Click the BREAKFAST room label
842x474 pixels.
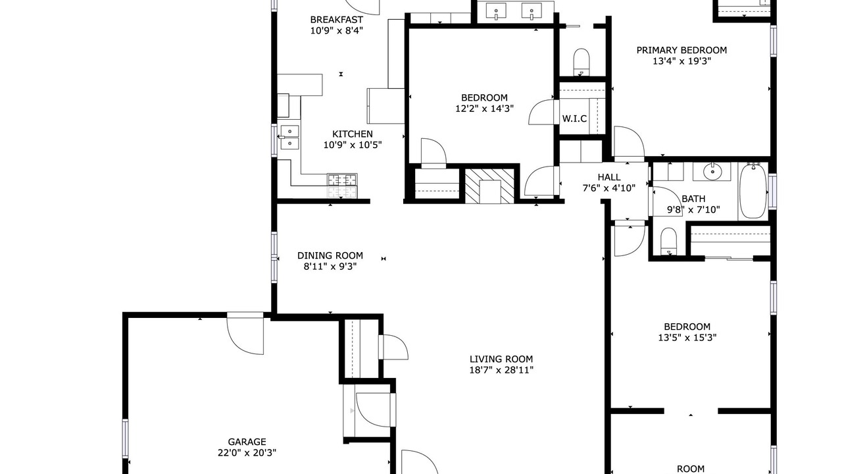[x=336, y=20]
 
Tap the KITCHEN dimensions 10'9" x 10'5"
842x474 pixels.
[x=353, y=145]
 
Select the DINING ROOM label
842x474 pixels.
[x=330, y=256]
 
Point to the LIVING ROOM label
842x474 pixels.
[x=501, y=359]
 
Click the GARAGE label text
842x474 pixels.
[x=247, y=442]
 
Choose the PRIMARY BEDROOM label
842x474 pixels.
[x=681, y=50]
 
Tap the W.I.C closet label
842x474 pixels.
[x=574, y=119]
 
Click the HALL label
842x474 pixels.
[x=609, y=177]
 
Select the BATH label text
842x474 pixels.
[x=693, y=199]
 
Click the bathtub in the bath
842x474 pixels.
[x=753, y=192]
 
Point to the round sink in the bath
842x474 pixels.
[x=712, y=172]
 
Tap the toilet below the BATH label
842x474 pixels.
[x=668, y=241]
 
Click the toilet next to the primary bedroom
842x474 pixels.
[x=582, y=62]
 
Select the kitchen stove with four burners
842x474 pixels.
[x=342, y=186]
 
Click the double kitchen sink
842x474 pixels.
[x=289, y=138]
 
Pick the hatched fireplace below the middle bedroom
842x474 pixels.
[x=489, y=186]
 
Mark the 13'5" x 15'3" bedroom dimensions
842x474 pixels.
[x=687, y=338]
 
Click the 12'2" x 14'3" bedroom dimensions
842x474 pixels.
[x=485, y=109]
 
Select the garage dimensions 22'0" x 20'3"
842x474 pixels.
[x=247, y=453]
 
